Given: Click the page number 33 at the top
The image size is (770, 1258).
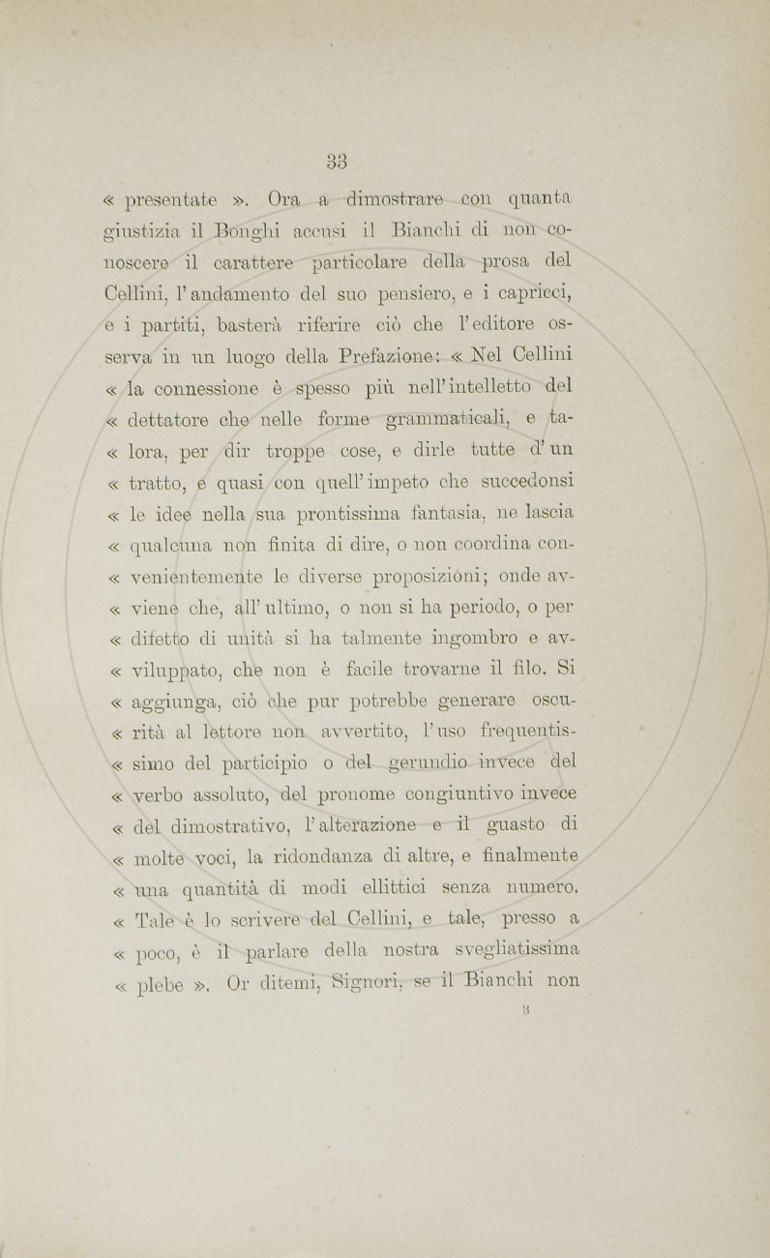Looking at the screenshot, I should [x=337, y=160].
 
